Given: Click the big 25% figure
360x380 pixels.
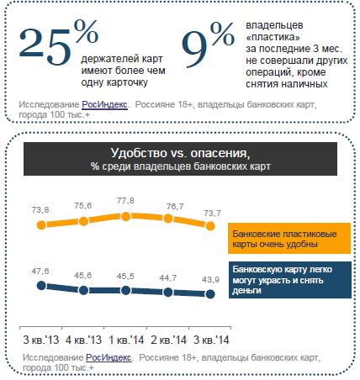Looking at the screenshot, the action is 58,43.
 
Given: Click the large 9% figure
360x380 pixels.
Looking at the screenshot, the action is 208,45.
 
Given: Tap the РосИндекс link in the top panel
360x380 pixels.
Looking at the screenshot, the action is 104,105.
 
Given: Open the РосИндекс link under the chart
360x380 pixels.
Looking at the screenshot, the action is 109,358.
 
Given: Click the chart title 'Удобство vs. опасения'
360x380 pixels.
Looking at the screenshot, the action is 180,153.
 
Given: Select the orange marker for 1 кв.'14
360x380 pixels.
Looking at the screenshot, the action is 126,216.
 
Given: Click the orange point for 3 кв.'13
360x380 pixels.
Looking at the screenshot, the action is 41,225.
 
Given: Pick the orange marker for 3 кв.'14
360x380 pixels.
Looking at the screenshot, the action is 210,226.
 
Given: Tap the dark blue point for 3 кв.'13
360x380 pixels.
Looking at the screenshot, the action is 41,286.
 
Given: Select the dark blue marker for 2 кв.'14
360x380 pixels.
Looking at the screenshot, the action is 168,293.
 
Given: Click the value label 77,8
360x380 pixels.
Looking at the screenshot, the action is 125,201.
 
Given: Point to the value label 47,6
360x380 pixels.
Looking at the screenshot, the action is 40,272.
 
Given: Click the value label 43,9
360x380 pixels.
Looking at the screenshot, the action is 210,280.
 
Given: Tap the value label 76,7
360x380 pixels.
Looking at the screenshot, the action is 175,207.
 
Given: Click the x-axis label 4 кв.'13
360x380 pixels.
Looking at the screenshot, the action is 83,340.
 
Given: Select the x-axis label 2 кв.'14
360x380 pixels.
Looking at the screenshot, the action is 168,340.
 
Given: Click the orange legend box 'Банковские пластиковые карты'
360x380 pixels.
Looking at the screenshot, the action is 289,239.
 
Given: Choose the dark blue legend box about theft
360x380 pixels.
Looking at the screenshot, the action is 290,280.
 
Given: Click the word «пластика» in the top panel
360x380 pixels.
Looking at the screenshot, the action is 273,37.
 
